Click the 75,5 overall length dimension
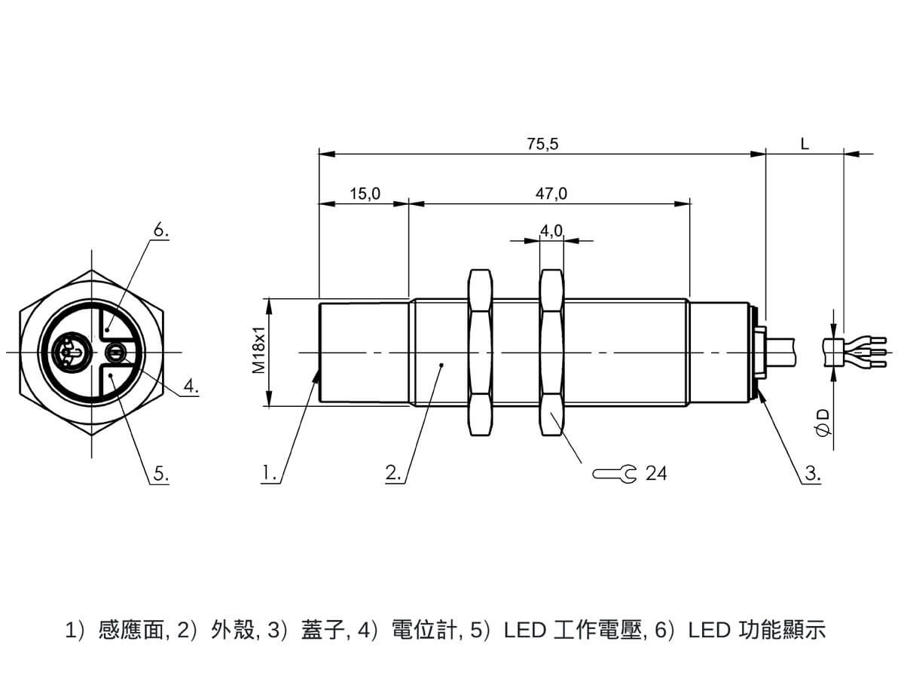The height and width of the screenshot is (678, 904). coord(542,144)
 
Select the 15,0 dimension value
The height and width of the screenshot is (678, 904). coord(365,194)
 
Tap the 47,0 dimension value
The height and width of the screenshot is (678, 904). coord(551,194)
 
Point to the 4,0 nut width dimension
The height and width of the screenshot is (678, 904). coord(551,231)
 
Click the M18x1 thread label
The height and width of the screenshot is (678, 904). coord(259,350)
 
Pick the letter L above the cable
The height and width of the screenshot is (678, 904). coord(805,144)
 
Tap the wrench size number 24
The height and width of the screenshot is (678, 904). coord(656,473)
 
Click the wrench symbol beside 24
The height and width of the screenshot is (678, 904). coord(614,474)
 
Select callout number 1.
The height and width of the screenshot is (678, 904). coord(270,473)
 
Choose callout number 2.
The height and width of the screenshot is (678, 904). coord(394,473)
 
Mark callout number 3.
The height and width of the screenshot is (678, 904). coord(813,473)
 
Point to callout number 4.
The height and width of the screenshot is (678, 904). coord(191,386)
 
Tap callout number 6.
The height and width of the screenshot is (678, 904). coord(161,231)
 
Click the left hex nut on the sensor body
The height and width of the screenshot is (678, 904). coord(481,353)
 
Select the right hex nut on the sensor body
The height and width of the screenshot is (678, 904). coord(552,353)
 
